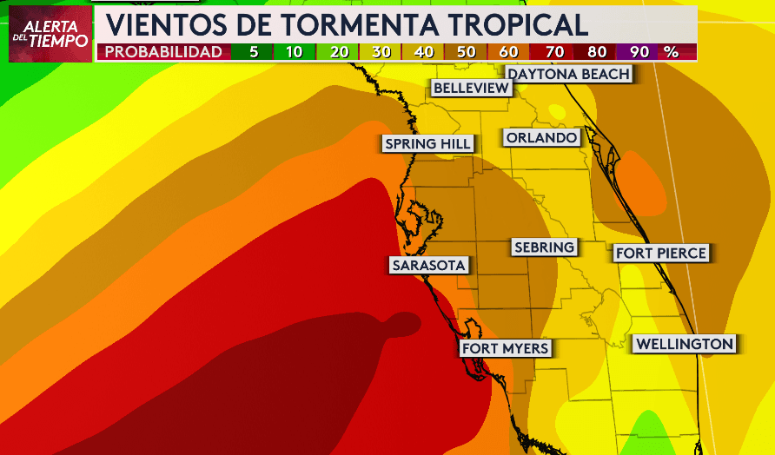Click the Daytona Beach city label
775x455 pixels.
click(x=569, y=75)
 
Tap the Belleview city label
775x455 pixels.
click(x=471, y=89)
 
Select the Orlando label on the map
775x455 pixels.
click(x=541, y=138)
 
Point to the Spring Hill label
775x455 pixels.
click(x=428, y=144)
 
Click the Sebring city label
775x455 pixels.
click(x=544, y=247)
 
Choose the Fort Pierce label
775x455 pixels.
click(x=661, y=254)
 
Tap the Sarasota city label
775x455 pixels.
click(x=429, y=266)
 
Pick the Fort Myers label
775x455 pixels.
click(x=505, y=348)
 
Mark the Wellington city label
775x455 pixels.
click(x=685, y=344)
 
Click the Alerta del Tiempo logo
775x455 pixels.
click(x=50, y=34)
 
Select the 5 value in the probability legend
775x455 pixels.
click(x=254, y=52)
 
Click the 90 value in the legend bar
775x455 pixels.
click(x=639, y=52)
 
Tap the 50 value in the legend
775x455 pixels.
click(x=467, y=52)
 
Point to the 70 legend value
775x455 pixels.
click(x=553, y=52)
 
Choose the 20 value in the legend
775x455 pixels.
click(x=339, y=52)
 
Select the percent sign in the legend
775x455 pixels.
click(x=671, y=52)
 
